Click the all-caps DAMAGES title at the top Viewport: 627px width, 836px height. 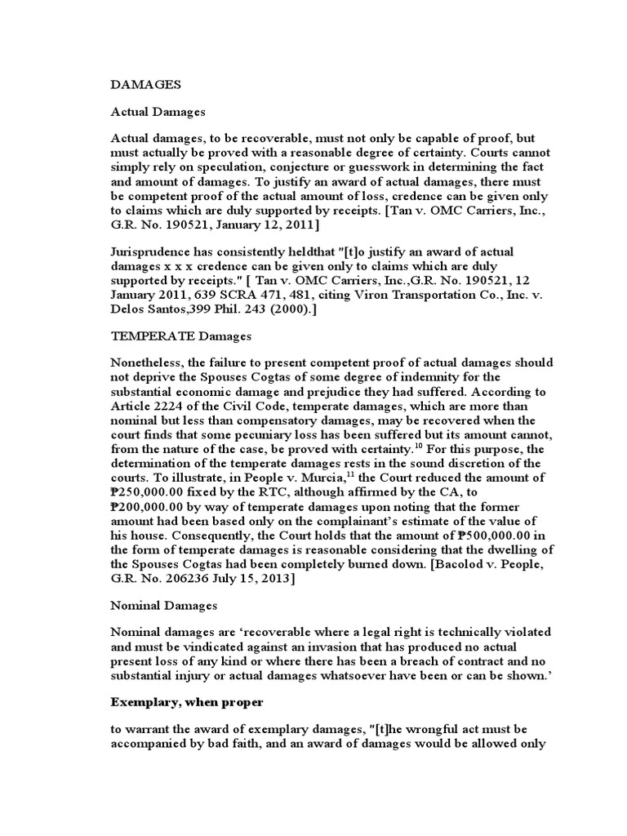point(145,83)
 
